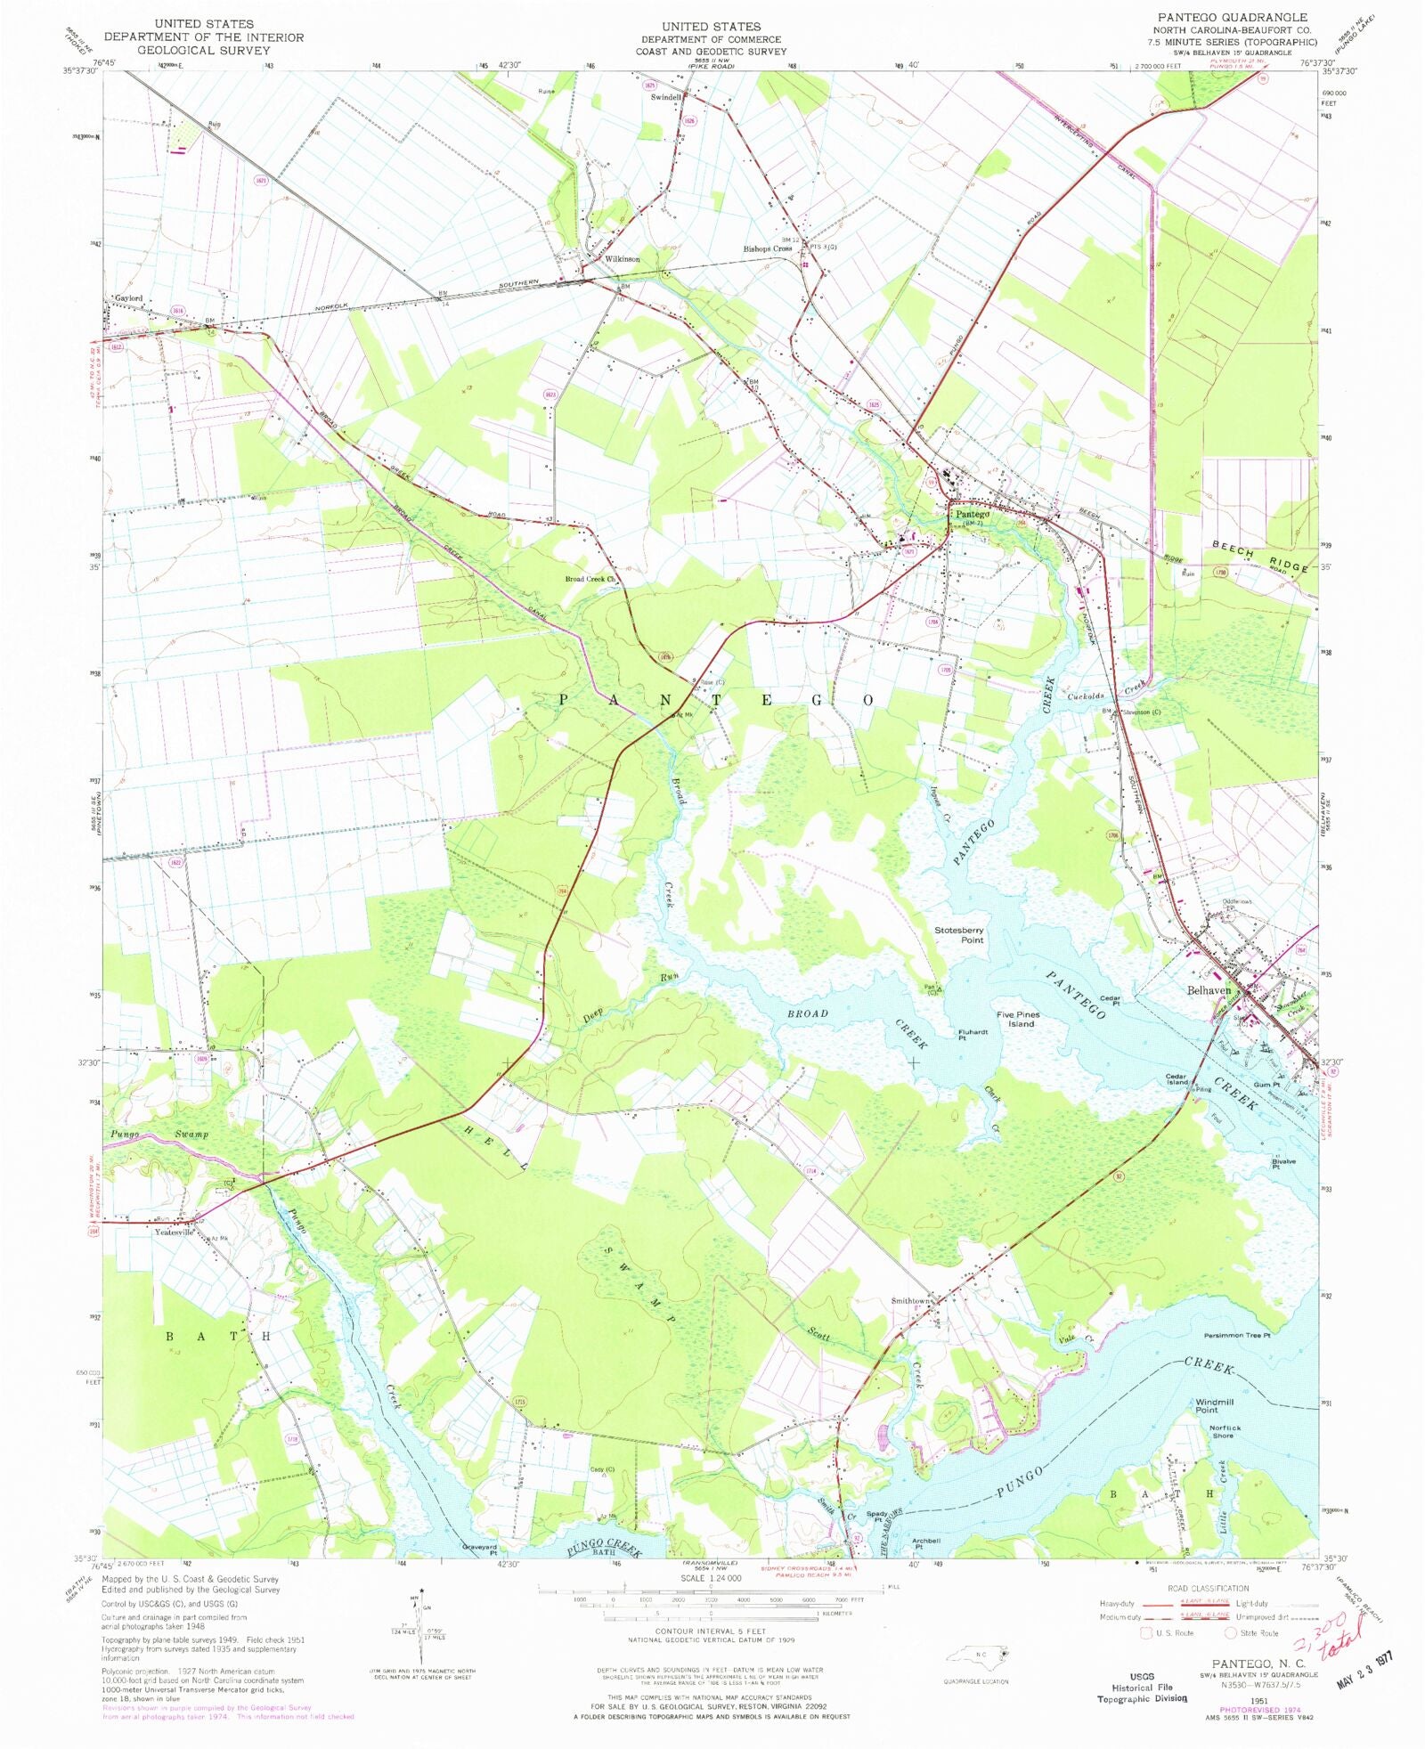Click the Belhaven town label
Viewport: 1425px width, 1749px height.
click(x=1209, y=990)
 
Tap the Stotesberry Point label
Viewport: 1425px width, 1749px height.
click(x=959, y=935)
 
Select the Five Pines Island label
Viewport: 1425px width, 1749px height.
click(x=1018, y=1019)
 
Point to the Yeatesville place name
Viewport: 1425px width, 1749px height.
click(x=174, y=1232)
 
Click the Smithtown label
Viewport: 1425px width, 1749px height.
click(x=911, y=1301)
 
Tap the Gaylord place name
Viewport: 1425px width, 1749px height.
click(x=128, y=298)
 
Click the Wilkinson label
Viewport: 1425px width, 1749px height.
click(x=622, y=259)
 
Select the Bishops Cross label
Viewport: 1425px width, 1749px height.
click(x=767, y=248)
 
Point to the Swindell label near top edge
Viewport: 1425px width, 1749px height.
click(x=665, y=97)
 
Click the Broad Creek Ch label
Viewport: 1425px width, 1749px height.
click(x=590, y=579)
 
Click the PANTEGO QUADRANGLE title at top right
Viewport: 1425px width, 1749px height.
click(x=1232, y=17)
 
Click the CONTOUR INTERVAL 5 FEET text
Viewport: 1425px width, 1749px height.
click(x=710, y=1631)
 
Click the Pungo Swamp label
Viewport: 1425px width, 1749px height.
click(x=159, y=1135)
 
